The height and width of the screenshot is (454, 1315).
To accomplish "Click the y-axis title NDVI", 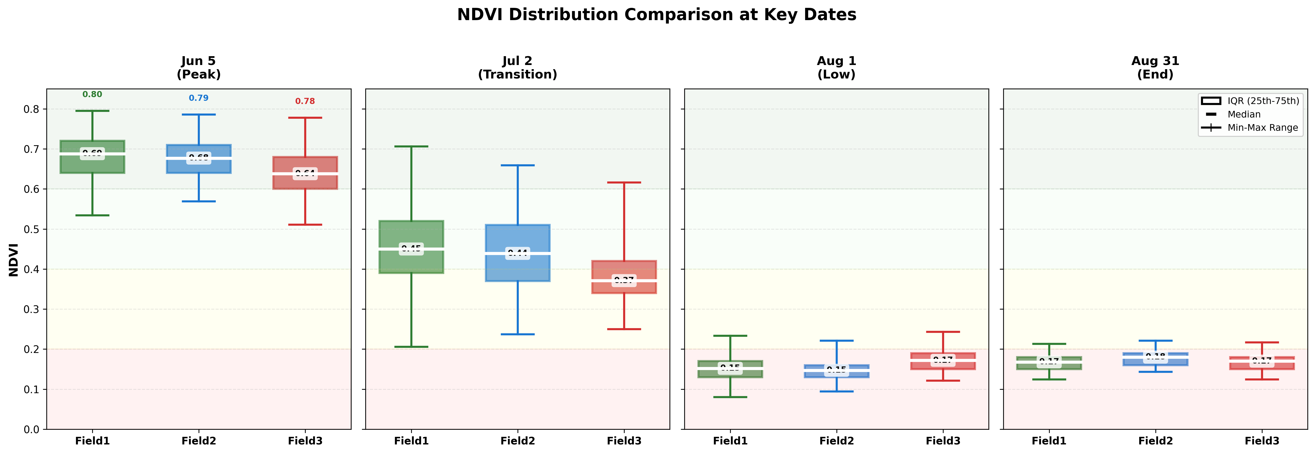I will [14, 260].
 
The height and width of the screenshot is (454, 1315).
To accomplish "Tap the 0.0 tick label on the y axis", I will [32, 429].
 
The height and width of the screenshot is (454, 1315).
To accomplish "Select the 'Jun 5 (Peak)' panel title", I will [199, 67].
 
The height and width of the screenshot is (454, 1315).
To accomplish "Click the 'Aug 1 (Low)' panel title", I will [836, 67].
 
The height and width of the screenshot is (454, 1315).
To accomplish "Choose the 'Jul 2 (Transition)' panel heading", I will [517, 67].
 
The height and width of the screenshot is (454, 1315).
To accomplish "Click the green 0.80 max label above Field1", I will [92, 94].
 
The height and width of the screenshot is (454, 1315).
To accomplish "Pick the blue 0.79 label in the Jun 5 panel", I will [199, 98].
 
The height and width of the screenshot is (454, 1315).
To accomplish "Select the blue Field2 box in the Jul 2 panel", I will [518, 268].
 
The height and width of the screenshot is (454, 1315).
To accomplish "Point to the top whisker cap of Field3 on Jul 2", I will [624, 182].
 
